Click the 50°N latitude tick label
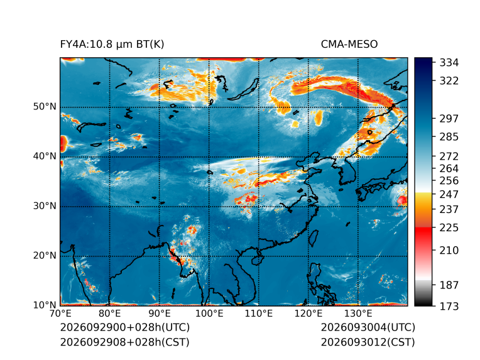45,107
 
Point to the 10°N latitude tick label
45,305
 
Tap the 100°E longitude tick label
209,314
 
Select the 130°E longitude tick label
358,314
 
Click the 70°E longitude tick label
60,314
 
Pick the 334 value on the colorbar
449,63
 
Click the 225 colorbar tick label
449,228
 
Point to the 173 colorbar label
449,306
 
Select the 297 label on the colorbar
449,119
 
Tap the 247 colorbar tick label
449,194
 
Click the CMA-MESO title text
349,45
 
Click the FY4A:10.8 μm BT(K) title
112,45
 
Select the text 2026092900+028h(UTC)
125,327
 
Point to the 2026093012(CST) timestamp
368,342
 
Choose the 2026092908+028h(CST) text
124,342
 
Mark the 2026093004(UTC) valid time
368,327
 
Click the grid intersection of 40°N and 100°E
209,157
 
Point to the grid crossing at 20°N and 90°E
160,256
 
